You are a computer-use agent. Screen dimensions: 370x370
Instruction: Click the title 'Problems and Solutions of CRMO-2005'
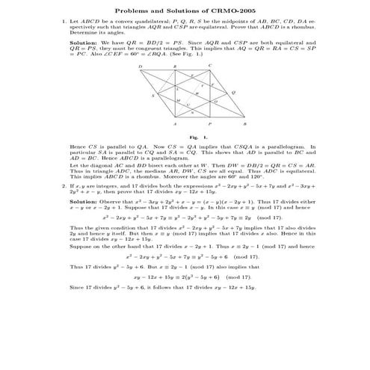(x=185, y=10)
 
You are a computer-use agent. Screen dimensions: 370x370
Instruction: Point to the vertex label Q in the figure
(x=234, y=93)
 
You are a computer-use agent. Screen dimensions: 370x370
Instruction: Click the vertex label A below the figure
(x=176, y=124)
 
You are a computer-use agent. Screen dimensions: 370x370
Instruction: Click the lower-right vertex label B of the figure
(x=245, y=124)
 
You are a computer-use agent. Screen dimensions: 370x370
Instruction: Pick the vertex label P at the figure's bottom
(x=210, y=124)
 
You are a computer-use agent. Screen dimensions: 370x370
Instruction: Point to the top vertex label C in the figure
(x=210, y=66)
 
